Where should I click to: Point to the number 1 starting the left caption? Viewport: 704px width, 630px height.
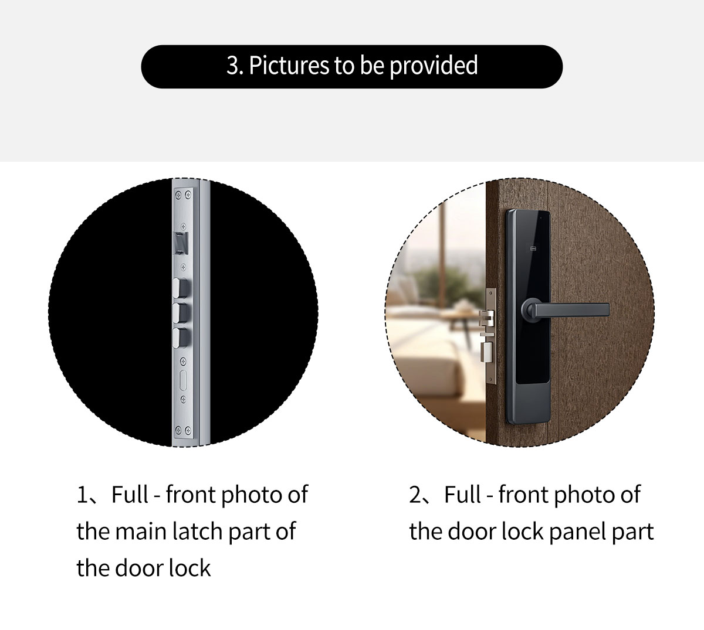(82, 495)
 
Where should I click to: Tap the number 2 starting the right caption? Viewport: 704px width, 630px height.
(415, 495)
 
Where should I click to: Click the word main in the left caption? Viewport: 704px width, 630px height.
(141, 531)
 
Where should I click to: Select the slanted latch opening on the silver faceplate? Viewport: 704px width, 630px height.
(181, 243)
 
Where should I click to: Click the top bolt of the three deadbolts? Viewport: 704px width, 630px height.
(181, 287)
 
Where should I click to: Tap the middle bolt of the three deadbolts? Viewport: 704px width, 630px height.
(181, 313)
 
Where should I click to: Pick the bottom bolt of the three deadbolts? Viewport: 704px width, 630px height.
(181, 338)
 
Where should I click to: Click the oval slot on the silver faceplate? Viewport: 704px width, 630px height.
(183, 380)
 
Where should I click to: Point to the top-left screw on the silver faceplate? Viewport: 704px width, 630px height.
(178, 195)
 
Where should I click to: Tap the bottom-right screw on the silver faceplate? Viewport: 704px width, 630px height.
(188, 430)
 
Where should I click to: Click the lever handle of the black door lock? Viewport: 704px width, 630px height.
(571, 309)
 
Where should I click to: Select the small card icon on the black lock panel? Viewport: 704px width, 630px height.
(533, 248)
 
